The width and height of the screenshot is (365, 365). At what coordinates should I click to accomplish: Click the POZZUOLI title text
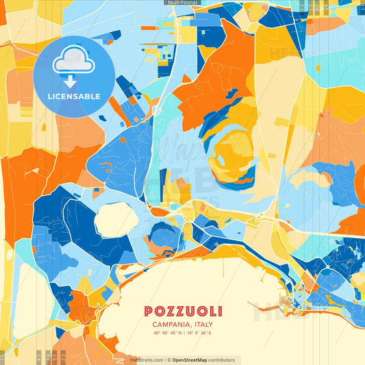point(183,312)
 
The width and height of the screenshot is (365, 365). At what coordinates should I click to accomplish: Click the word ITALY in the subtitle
point(203,325)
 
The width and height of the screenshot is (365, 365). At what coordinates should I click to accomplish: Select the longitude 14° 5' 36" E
point(200,333)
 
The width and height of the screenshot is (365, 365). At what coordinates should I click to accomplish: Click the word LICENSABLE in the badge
point(74,97)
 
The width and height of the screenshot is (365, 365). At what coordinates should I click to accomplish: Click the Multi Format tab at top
point(182,3)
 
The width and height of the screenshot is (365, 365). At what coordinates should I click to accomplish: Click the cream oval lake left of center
point(116,219)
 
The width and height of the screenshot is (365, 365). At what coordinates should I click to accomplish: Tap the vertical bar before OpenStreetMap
point(168,360)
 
